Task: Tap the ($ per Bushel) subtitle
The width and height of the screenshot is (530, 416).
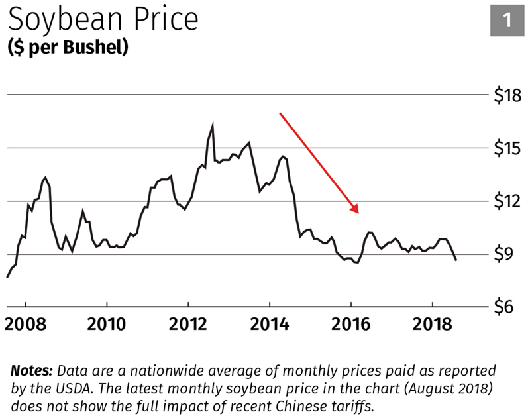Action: (68, 48)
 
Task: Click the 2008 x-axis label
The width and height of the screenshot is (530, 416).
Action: (25, 327)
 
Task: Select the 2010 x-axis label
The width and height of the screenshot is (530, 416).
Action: (107, 327)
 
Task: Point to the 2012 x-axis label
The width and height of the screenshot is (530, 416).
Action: (188, 327)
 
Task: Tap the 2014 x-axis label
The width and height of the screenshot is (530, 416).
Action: (270, 327)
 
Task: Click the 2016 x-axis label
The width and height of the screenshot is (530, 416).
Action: (350, 327)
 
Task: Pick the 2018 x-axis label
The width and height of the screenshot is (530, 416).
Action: (432, 327)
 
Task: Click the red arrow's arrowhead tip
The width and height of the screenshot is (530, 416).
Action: (358, 213)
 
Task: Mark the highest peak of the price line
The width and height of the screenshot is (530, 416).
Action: (213, 123)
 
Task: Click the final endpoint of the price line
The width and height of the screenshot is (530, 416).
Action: (456, 260)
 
